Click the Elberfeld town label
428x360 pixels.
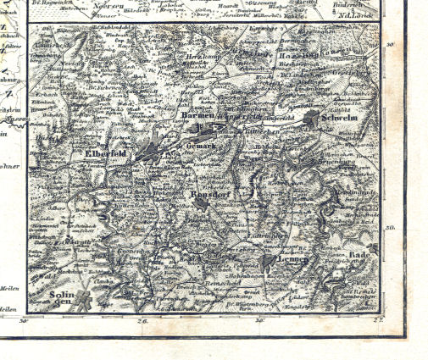point(106,153)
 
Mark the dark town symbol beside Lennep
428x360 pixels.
point(269,260)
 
